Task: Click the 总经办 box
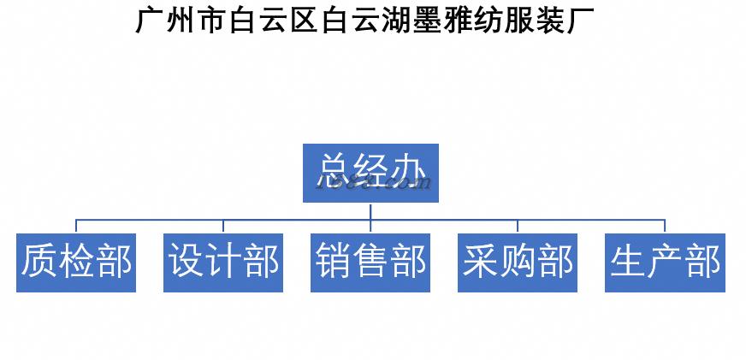tap(370, 174)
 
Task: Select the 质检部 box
tap(76, 263)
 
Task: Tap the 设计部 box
tap(223, 263)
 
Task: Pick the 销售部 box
tap(370, 263)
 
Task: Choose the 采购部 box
tap(518, 263)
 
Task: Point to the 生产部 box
tap(665, 263)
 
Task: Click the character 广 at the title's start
tap(151, 20)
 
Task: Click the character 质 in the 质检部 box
tap(39, 263)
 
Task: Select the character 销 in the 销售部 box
tap(334, 263)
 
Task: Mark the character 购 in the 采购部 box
tap(518, 263)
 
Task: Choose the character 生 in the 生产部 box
tap(628, 263)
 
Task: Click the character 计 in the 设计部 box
tap(223, 263)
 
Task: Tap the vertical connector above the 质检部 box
tap(76, 226)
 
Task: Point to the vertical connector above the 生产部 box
tap(665, 226)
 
